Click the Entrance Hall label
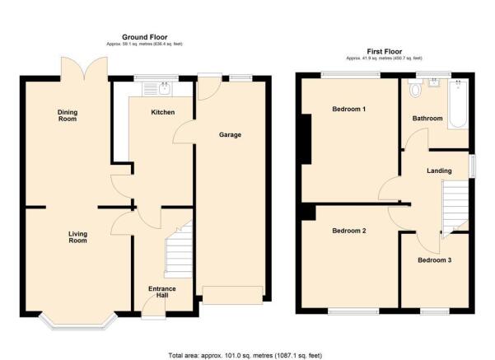[162, 292]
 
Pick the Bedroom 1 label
[349, 109]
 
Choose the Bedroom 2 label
[349, 231]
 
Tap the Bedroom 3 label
[434, 260]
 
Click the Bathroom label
[427, 119]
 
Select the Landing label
[438, 171]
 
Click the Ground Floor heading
[146, 37]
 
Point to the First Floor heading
[385, 51]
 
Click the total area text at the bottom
[246, 354]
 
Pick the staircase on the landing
[454, 206]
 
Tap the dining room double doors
[83, 66]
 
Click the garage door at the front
[233, 294]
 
